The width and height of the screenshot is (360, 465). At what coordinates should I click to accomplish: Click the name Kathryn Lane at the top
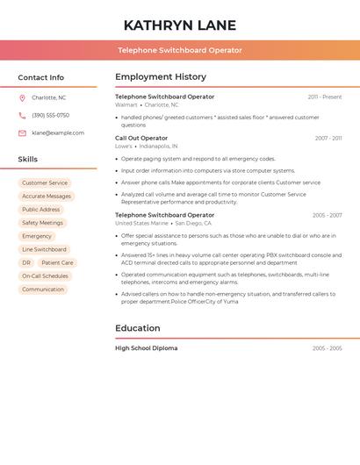[180, 25]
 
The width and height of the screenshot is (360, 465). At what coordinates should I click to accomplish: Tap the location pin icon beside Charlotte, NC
[22, 98]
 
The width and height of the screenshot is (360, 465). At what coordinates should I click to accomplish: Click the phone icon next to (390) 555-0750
[22, 116]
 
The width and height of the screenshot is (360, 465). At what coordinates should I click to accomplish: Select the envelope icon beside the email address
[22, 133]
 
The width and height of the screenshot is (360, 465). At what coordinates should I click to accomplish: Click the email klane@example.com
[58, 133]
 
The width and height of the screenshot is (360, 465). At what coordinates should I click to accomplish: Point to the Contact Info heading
[41, 77]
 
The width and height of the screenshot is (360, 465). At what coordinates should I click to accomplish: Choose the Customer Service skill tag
[45, 183]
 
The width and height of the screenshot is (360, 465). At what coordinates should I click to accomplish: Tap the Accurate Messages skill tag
[47, 197]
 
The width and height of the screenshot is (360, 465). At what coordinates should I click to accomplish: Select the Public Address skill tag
[41, 210]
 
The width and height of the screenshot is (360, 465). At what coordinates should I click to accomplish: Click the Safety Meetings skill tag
[42, 223]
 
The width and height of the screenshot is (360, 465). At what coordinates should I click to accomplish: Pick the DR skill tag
[26, 262]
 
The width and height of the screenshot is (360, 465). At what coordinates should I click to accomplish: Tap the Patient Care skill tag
[57, 262]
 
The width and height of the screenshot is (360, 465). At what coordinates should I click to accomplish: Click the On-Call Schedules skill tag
[45, 275]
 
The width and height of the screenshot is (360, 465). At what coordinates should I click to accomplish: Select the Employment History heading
[161, 77]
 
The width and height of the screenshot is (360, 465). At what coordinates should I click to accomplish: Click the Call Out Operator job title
[141, 138]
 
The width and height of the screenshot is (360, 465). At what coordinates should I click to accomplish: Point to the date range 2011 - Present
[325, 97]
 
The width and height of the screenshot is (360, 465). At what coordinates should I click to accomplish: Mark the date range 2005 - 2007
[327, 215]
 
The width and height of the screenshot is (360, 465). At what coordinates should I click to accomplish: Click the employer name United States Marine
[141, 224]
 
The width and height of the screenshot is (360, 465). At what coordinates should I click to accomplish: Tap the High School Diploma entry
[146, 348]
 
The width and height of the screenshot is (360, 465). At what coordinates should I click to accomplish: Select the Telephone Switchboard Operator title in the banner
[180, 50]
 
